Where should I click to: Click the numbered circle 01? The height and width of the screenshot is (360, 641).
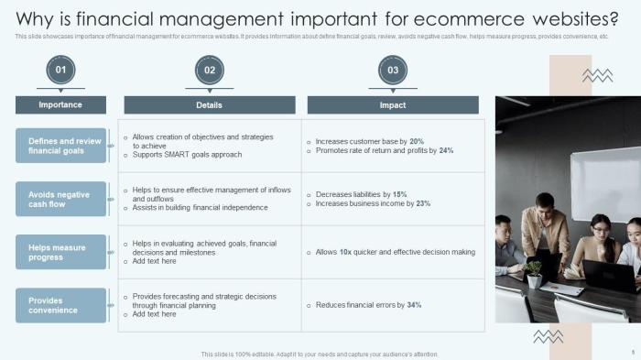pos(60,70)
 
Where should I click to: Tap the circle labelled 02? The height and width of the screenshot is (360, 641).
pos(210,70)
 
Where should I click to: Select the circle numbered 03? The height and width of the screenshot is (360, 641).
pos(393,70)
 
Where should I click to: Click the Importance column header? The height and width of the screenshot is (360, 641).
pos(60,105)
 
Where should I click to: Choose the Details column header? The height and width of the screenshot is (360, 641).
pos(210,105)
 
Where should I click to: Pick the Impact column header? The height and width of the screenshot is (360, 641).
pos(393,105)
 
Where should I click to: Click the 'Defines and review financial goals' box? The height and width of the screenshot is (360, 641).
pos(61,146)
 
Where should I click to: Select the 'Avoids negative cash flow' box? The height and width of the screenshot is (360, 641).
pos(61,199)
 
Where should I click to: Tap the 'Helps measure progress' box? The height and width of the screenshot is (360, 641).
pos(61,252)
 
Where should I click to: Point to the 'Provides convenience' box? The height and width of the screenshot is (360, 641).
pos(61,305)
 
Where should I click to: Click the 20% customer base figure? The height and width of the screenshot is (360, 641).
pos(417,141)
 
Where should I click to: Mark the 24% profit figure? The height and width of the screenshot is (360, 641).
pos(446,150)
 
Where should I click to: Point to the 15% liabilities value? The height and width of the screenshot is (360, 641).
pos(399,194)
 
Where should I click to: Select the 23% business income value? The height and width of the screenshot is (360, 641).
pos(423,203)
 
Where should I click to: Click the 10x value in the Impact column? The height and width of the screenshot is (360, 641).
pos(346,252)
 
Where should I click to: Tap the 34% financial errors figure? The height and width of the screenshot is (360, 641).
pos(414,305)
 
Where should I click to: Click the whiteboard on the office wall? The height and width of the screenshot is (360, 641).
pos(604,183)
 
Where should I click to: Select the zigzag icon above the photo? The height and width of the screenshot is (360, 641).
pos(597,76)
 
